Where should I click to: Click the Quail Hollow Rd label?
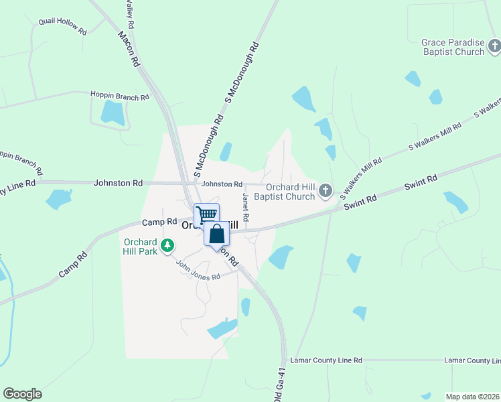click(x=63, y=26)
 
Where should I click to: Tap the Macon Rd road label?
click(x=128, y=48)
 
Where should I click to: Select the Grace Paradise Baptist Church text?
click(x=452, y=47)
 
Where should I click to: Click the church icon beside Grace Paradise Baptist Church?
click(x=494, y=46)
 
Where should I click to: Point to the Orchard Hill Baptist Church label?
click(x=290, y=192)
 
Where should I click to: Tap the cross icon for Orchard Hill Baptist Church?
click(x=326, y=192)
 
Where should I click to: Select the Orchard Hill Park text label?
click(x=140, y=246)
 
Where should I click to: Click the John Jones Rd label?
click(x=198, y=271)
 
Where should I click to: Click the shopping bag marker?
click(x=216, y=234)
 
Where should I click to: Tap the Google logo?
click(x=22, y=393)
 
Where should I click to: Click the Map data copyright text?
click(x=473, y=397)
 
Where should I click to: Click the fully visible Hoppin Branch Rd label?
click(x=120, y=96)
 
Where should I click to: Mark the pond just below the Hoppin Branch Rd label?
click(x=113, y=113)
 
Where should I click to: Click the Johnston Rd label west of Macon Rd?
click(x=119, y=182)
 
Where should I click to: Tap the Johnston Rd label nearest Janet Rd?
click(x=222, y=184)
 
